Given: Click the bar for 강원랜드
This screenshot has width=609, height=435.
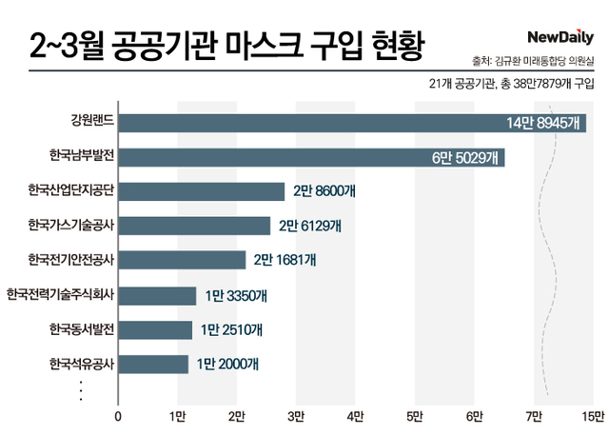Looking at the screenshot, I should pyautogui.click(x=352, y=122).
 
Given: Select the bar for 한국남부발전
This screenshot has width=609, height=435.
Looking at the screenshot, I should pyautogui.click(x=311, y=157).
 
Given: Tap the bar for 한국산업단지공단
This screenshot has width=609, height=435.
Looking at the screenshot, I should pyautogui.click(x=202, y=191).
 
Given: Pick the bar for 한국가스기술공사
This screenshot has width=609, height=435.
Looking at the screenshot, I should pyautogui.click(x=194, y=226).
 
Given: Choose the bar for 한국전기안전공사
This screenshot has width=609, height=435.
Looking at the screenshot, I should pyautogui.click(x=182, y=260).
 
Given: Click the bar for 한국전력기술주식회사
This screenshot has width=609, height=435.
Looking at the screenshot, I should pyautogui.click(x=157, y=295).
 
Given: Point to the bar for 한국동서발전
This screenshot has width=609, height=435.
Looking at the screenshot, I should pyautogui.click(x=155, y=329).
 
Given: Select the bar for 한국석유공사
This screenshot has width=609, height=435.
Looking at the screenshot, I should pyautogui.click(x=153, y=364).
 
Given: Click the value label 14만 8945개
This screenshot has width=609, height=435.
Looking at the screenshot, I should pyautogui.click(x=544, y=122).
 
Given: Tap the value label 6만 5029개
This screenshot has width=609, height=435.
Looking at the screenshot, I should pyautogui.click(x=467, y=157).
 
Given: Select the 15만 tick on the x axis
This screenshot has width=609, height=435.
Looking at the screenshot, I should pyautogui.click(x=593, y=416).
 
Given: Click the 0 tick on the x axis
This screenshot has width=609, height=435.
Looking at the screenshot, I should pyautogui.click(x=118, y=416).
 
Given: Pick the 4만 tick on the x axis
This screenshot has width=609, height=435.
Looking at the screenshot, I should pyautogui.click(x=356, y=416).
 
